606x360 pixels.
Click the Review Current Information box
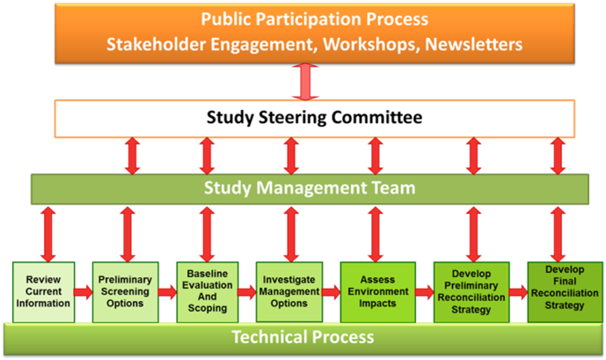44,292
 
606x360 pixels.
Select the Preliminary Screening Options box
125,292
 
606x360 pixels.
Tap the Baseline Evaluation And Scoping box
208,292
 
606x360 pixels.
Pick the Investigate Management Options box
289,292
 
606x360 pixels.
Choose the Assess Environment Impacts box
378,292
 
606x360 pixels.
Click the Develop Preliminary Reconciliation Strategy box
471,292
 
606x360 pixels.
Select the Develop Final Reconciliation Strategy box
565,292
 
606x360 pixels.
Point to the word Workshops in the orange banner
371,45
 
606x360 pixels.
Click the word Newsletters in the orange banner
474,44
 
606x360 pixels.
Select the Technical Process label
303,337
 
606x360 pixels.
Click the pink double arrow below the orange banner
305,82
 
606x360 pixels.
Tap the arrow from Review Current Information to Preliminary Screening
84,292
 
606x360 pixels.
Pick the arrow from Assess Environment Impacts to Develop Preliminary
425,292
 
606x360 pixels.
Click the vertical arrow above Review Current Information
48,234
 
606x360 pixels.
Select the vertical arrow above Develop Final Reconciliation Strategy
558,234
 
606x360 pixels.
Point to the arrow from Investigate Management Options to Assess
332,292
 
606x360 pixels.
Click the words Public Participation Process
315,19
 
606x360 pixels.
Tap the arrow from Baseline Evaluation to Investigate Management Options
247,292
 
